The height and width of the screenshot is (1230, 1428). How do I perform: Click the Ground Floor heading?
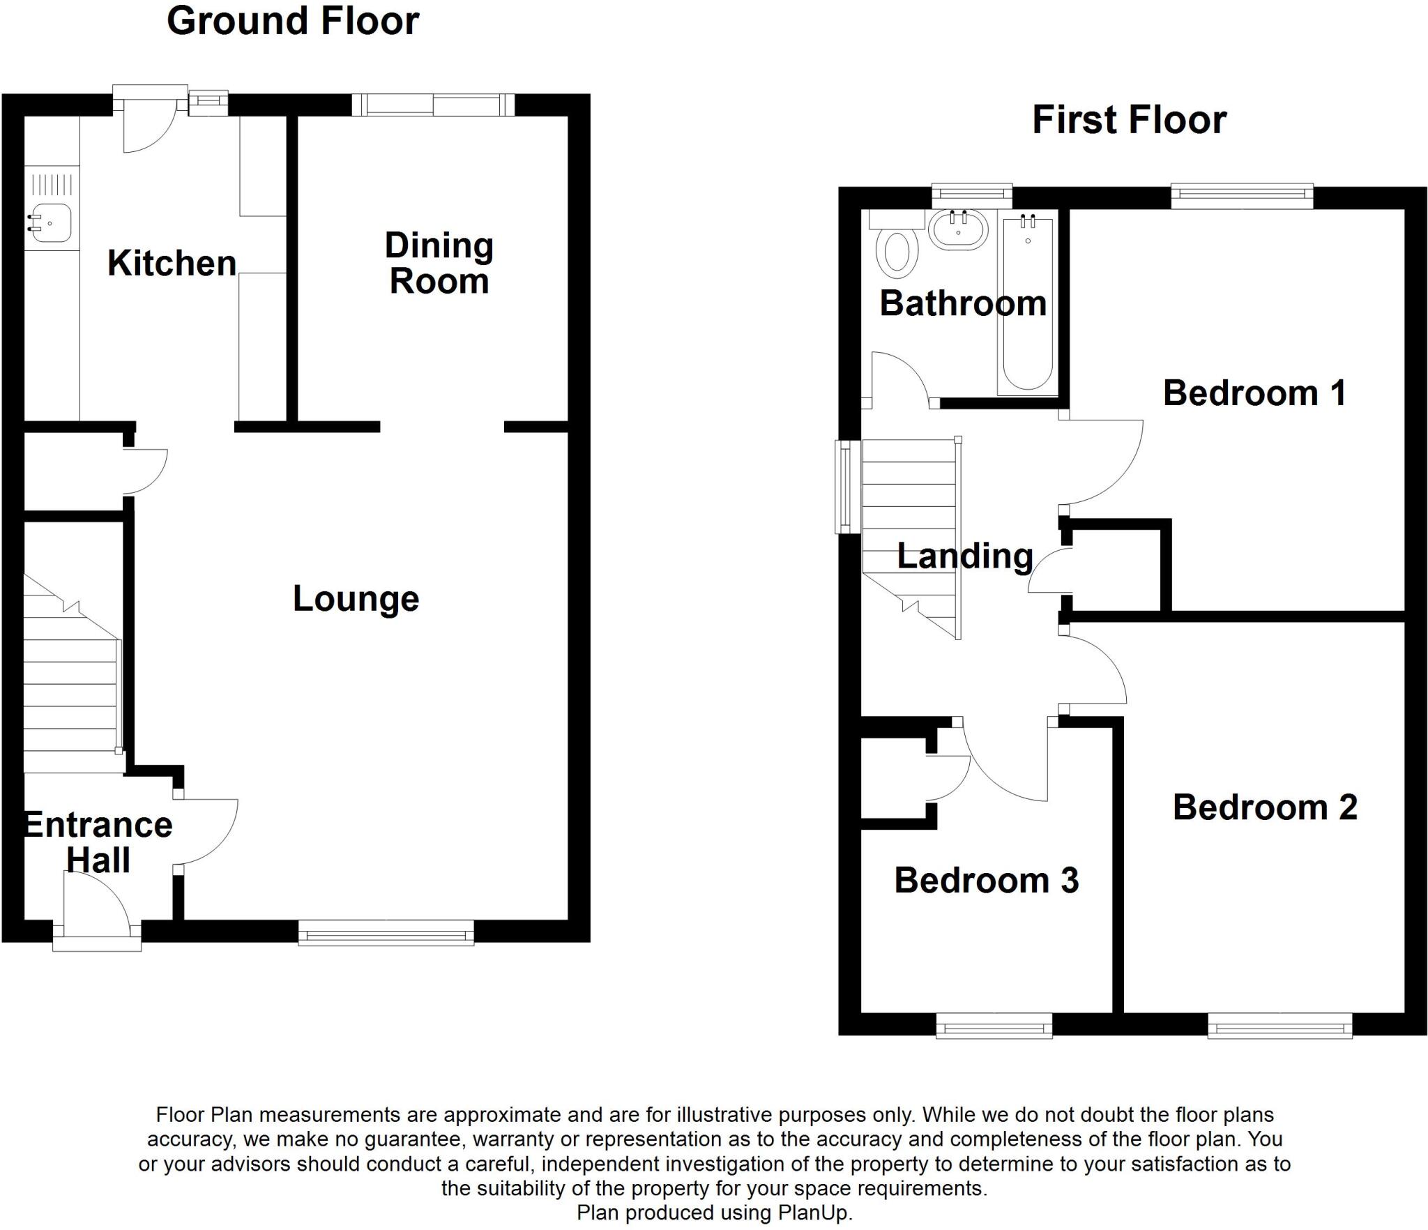coord(293,21)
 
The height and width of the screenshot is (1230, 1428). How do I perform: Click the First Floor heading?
coord(1129,120)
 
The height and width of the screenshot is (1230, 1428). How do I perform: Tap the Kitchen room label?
coord(172,264)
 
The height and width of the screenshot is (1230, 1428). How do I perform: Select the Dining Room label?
coord(439,264)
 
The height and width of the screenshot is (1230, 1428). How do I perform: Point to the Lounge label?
coord(356,599)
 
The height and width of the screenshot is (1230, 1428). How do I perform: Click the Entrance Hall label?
coord(98,842)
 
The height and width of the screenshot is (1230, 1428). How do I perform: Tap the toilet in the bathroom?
coord(896,251)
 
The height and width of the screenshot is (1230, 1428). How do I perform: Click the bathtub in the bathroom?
coord(1028,307)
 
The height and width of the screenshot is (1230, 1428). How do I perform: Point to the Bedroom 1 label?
coord(1254,393)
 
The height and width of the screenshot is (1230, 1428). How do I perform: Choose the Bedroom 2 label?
coord(1265,807)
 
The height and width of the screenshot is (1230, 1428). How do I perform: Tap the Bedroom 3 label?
coord(986,880)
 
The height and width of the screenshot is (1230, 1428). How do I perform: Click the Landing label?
coord(965,556)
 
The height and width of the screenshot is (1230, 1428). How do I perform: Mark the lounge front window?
coord(386,932)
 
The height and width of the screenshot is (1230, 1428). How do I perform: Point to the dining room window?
coord(433,105)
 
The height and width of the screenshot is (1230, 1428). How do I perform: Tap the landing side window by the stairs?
coord(848,487)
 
